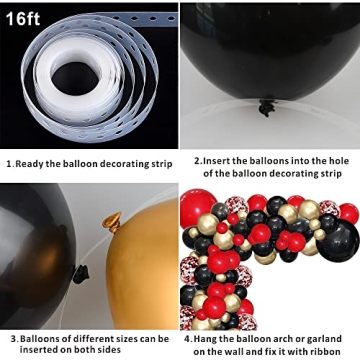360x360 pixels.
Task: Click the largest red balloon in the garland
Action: pos(197,208)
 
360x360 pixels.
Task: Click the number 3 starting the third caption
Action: pos(7,339)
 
